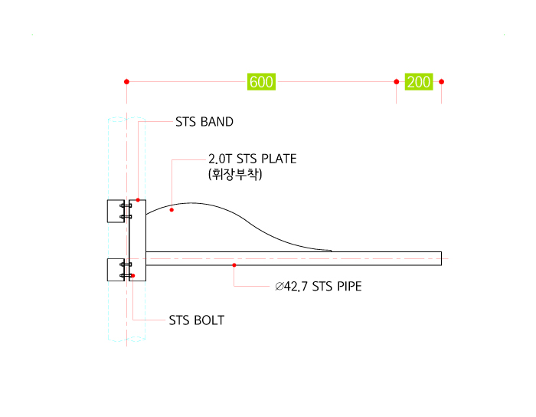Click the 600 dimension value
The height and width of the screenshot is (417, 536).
(x=262, y=82)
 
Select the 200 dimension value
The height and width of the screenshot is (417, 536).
(x=419, y=82)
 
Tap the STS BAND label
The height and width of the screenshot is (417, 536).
(x=204, y=122)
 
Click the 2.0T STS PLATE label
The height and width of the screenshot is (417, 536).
(x=253, y=159)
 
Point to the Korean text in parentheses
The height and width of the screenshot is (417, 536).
(x=235, y=174)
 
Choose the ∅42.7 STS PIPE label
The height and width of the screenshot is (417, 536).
(x=319, y=287)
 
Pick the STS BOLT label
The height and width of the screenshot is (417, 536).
(x=197, y=320)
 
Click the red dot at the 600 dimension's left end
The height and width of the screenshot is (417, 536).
(x=126, y=81)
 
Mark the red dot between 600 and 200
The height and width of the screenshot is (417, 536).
(x=396, y=81)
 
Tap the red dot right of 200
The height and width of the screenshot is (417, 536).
(x=441, y=81)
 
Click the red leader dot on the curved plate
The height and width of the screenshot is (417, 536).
(x=172, y=210)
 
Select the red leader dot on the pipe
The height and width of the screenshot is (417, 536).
(x=234, y=265)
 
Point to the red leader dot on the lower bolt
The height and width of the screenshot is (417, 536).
(x=132, y=275)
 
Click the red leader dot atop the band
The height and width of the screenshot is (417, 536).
(x=138, y=200)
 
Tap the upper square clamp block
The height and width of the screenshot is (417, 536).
(x=116, y=211)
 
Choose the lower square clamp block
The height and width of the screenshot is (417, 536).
(x=116, y=270)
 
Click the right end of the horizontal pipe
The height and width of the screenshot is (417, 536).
(x=441, y=258)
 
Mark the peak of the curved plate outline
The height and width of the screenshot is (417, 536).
(x=191, y=203)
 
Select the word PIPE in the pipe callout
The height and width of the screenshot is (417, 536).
(x=349, y=287)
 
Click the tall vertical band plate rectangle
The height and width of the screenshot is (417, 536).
(x=137, y=240)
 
